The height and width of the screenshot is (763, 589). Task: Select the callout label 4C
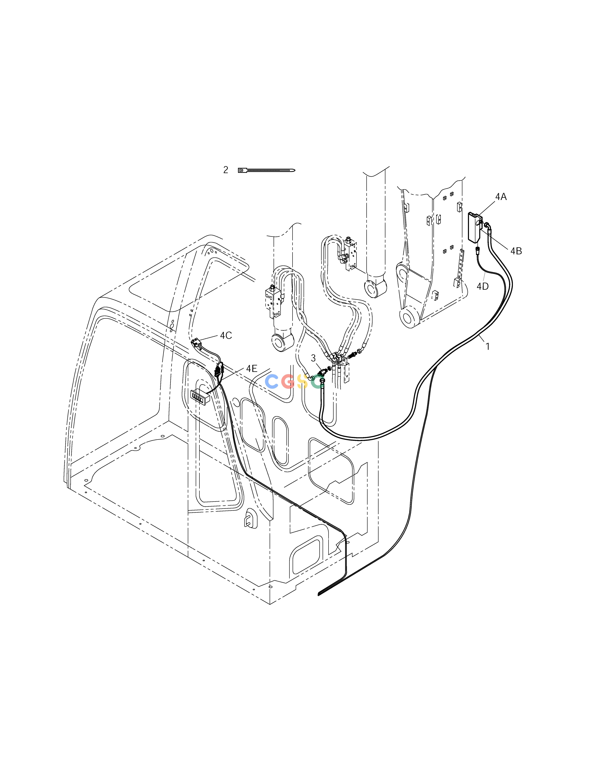(226, 335)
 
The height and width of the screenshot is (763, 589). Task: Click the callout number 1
(488, 347)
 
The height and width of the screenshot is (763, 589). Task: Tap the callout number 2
(226, 170)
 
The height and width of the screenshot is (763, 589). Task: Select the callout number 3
(313, 358)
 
